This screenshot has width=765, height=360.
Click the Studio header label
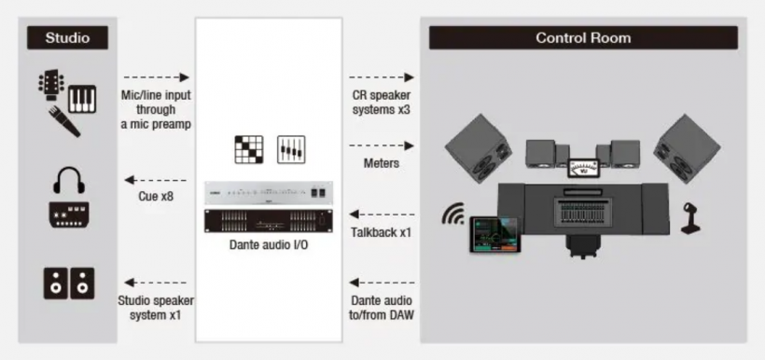click(x=67, y=37)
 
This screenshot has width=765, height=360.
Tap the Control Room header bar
click(x=583, y=37)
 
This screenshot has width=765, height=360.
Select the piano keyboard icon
click(x=82, y=99)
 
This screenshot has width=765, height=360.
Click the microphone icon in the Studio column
click(x=64, y=122)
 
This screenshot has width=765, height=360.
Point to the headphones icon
click(x=69, y=180)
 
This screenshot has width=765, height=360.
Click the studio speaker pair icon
click(x=69, y=283)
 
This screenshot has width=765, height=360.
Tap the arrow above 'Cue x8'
click(x=156, y=180)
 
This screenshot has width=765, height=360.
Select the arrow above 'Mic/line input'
click(x=156, y=77)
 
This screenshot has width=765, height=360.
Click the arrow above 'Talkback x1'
click(x=382, y=215)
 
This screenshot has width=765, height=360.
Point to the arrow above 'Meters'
click(x=382, y=145)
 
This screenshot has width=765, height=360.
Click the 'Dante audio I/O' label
click(x=269, y=245)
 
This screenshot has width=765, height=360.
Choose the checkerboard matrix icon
click(x=249, y=149)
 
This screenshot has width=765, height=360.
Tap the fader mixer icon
click(x=291, y=149)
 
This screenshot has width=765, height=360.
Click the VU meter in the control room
click(x=583, y=167)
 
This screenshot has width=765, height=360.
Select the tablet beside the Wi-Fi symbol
click(x=495, y=235)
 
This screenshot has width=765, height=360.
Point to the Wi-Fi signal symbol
click(x=453, y=215)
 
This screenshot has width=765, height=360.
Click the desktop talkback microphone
click(x=691, y=219)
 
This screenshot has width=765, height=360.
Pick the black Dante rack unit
click(x=269, y=221)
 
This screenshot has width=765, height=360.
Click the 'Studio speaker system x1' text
click(x=156, y=308)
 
